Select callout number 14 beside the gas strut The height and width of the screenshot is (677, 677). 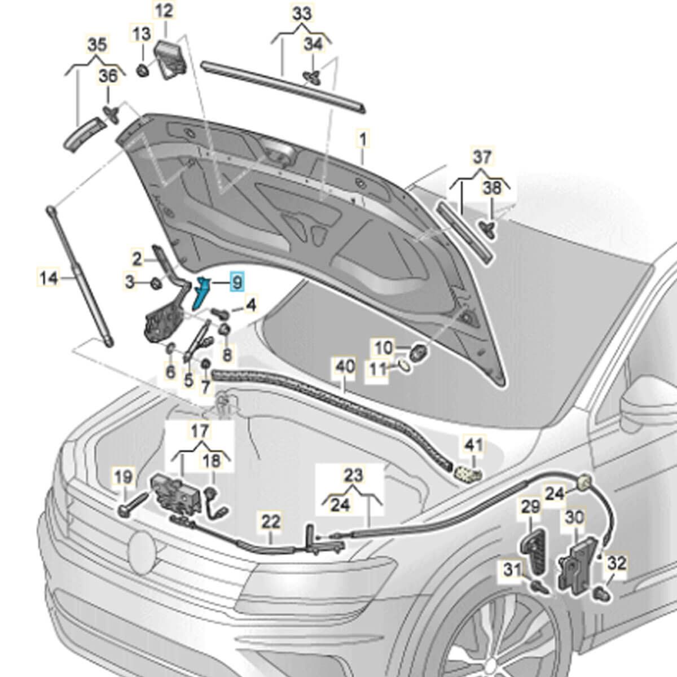click(49, 279)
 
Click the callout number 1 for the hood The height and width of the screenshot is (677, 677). click(362, 140)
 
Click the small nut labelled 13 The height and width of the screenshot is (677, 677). click(143, 71)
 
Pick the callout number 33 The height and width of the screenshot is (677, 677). click(302, 14)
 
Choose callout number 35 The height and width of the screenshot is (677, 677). click(97, 45)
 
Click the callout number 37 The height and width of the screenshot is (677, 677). click(482, 157)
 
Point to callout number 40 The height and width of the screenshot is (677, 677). click(345, 367)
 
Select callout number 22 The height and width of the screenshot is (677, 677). click(271, 522)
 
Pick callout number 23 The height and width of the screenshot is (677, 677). click(353, 476)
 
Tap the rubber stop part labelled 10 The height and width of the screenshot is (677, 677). click(419, 352)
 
